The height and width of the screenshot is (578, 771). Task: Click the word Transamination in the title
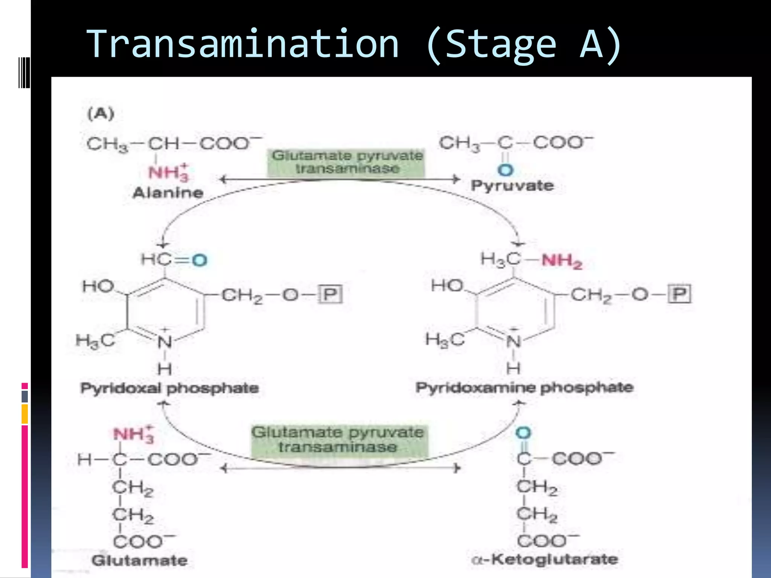click(243, 44)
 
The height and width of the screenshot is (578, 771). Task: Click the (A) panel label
click(101, 114)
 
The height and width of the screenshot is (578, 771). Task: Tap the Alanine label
click(168, 193)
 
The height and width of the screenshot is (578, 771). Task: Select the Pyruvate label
click(512, 186)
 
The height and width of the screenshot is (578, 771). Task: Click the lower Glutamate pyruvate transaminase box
click(338, 440)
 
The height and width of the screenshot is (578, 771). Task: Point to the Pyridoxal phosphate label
click(169, 388)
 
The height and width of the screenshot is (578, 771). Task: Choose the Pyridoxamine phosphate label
click(524, 387)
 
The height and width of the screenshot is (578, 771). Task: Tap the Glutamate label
click(139, 561)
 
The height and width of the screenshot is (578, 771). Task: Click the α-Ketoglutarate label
click(544, 559)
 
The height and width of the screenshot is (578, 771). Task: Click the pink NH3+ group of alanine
click(168, 173)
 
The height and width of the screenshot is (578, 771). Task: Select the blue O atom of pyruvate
click(505, 170)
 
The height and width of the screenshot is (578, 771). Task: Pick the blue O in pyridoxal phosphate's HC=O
click(200, 260)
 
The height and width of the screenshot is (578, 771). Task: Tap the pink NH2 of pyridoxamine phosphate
click(562, 261)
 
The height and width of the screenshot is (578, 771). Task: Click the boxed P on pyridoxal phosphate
click(330, 294)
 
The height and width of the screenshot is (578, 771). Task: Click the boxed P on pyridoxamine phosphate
click(680, 294)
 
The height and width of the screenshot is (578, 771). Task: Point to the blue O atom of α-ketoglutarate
click(523, 433)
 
